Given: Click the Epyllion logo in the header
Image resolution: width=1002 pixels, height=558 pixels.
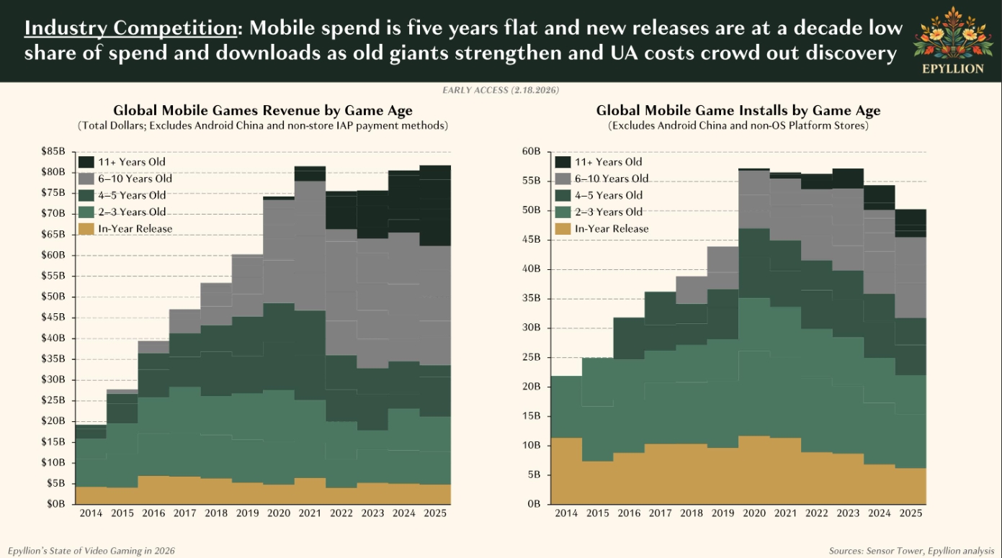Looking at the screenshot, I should click(952, 40).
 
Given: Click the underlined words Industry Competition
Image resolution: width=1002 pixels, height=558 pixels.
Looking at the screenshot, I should click(130, 28).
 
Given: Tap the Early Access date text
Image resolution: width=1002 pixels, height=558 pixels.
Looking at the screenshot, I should click(501, 90).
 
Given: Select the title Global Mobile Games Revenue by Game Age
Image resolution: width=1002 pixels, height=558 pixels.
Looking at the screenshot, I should click(263, 110).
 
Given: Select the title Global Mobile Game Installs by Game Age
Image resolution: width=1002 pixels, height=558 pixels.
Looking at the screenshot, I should click(738, 110).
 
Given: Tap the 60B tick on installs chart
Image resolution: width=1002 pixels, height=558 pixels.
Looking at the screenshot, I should click(532, 151).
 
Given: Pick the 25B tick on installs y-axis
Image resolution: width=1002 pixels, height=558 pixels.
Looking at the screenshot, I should click(532, 357).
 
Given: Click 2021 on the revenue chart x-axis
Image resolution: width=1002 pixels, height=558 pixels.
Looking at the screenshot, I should click(310, 513).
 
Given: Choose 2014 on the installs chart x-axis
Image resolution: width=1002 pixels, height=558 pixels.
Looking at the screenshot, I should click(566, 513).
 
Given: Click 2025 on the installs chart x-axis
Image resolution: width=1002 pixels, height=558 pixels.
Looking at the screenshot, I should click(911, 513).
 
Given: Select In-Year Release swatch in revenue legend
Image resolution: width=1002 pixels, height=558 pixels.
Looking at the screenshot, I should click(86, 229).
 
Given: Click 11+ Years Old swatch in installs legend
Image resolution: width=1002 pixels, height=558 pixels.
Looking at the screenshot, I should click(563, 162).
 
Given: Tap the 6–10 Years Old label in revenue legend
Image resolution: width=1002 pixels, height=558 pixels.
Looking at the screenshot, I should click(135, 179).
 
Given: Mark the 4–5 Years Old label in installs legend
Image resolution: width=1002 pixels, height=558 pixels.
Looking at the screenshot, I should click(609, 195).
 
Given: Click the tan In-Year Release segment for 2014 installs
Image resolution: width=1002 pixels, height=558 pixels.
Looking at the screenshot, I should click(566, 471).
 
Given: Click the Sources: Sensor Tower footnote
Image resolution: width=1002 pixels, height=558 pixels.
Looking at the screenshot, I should click(911, 551).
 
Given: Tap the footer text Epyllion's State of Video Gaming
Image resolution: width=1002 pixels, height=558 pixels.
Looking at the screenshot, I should click(91, 551).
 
